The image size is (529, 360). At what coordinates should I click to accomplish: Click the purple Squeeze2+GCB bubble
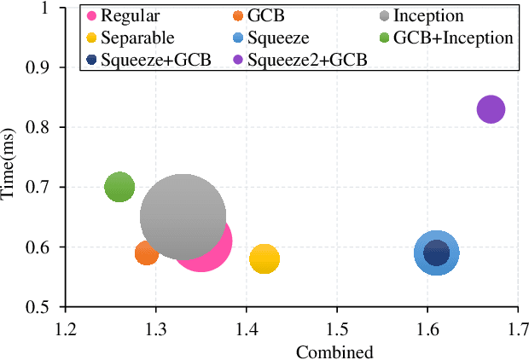click(491, 109)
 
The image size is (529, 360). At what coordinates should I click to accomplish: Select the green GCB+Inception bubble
click(119, 187)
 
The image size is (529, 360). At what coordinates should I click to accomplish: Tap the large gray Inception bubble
click(182, 217)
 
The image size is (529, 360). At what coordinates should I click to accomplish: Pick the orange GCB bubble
click(147, 253)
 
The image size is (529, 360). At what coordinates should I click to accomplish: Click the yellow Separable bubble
click(264, 259)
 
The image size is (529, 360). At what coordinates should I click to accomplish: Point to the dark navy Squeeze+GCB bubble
click(437, 253)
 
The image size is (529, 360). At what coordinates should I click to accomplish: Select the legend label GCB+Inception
click(459, 38)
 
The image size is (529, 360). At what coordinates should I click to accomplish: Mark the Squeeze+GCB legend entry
click(146, 61)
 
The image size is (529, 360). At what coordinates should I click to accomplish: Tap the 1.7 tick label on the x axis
click(518, 328)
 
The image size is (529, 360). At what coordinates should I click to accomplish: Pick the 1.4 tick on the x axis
click(246, 328)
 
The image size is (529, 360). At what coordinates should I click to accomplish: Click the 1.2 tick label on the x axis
click(65, 328)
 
